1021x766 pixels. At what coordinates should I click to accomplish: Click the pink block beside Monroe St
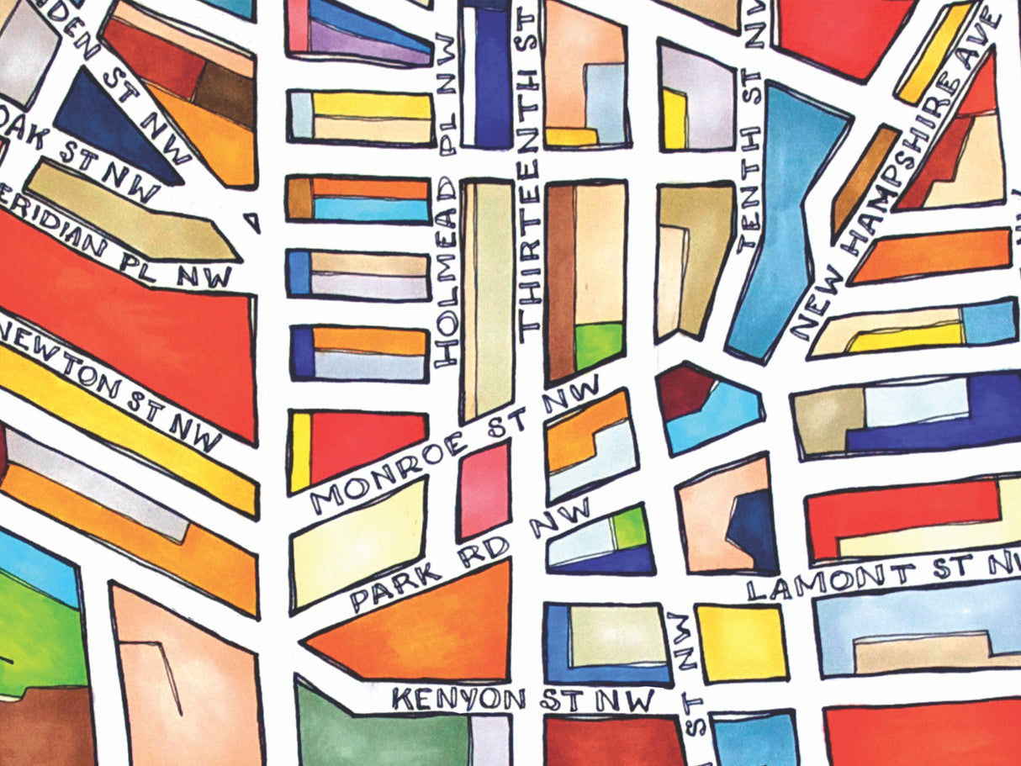(484, 490)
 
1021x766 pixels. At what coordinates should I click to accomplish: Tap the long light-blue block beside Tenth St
(782, 227)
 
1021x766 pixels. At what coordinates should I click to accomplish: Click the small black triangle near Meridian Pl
(253, 222)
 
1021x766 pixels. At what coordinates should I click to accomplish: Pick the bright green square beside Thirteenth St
(600, 345)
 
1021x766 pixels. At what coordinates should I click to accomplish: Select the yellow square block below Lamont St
(741, 643)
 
